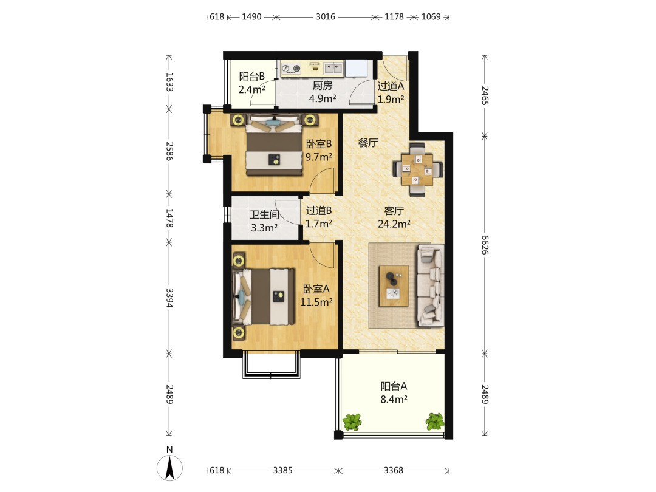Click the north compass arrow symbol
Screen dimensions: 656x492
point(169,468)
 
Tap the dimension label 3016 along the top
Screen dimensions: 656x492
point(325,17)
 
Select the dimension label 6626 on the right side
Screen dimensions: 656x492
point(485,245)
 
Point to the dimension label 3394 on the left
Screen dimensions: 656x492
point(169,298)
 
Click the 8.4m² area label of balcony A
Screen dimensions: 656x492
point(394,400)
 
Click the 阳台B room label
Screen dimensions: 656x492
point(252,77)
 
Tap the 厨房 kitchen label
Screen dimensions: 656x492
point(323,86)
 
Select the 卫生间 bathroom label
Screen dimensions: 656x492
point(264,215)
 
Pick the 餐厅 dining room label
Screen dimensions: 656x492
point(368,143)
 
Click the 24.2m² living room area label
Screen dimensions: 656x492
point(394,224)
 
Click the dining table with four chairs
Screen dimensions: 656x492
point(417,169)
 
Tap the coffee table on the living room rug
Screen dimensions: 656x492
point(394,286)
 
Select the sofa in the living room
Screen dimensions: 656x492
point(430,285)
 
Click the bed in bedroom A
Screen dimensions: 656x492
point(264,296)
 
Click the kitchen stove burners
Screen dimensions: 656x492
point(291,69)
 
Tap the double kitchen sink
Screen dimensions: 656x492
point(333,68)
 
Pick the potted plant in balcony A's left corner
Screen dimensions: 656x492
point(352,422)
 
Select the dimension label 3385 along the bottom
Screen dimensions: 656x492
point(282,470)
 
